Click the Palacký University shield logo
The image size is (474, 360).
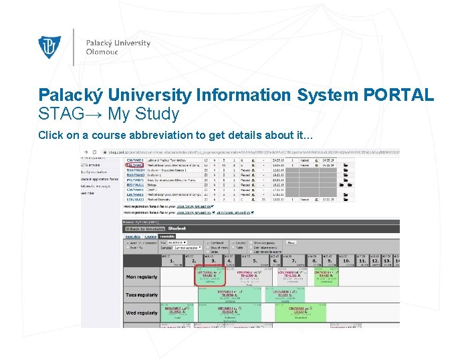[50, 47]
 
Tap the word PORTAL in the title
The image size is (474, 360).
[398, 96]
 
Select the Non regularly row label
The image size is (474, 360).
[141, 277]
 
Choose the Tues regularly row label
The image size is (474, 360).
[142, 295]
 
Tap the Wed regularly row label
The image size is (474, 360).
[142, 313]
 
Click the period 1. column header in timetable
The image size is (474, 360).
[176, 261]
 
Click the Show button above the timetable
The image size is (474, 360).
[291, 242]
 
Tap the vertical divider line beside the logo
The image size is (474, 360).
[74, 47]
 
